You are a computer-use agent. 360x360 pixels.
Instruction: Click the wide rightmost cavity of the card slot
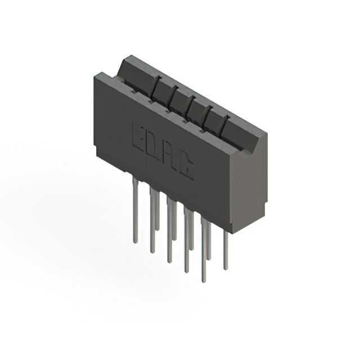tap(242, 135)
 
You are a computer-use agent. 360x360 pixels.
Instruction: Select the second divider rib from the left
tap(175, 96)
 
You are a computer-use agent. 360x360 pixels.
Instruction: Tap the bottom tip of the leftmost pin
tap(135, 242)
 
